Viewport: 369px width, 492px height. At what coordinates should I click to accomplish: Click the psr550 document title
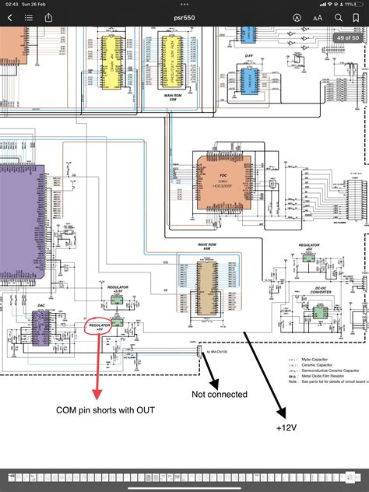[184, 17]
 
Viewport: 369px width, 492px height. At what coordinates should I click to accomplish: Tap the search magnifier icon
[339, 17]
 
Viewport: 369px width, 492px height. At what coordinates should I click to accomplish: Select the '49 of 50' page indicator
[346, 37]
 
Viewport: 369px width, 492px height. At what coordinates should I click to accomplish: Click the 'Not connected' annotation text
[220, 394]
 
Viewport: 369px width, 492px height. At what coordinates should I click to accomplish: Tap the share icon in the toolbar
[48, 17]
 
